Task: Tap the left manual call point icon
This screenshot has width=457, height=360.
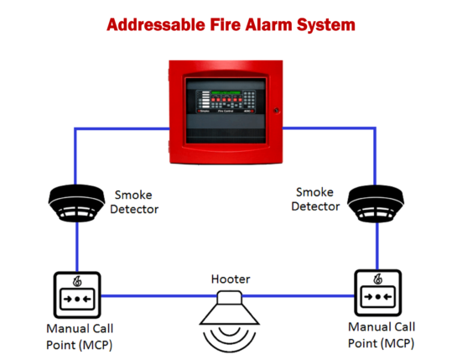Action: (x=78, y=295)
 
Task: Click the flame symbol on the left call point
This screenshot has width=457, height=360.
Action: (x=77, y=279)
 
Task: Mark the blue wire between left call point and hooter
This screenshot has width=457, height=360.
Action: (x=151, y=295)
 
